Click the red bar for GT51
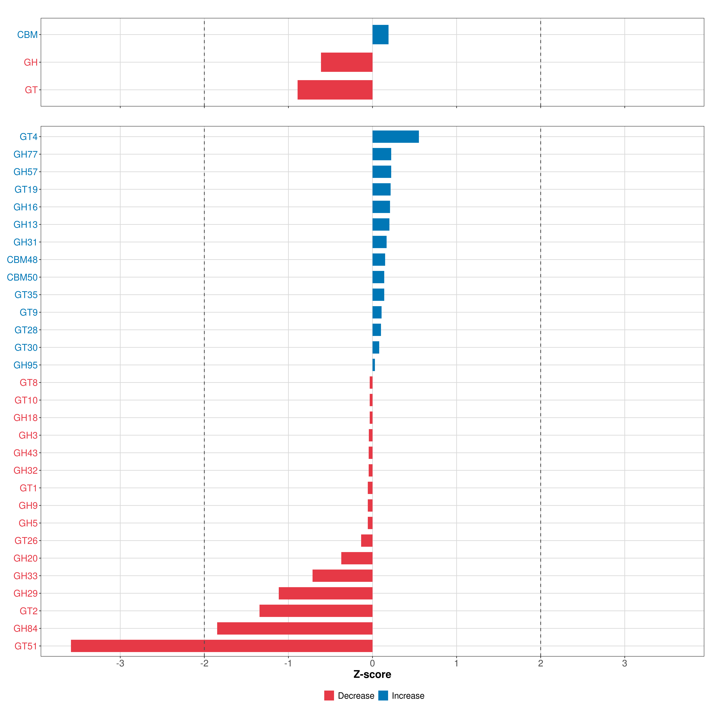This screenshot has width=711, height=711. click(222, 646)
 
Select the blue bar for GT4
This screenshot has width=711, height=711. click(396, 137)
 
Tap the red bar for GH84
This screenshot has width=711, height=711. click(295, 628)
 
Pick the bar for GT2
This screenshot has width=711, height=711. click(316, 611)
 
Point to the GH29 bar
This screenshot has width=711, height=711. click(326, 593)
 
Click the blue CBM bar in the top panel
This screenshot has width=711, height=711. click(381, 35)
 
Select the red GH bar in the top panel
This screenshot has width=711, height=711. click(347, 62)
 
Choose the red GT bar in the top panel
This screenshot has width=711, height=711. click(335, 90)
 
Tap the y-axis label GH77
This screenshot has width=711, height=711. click(25, 154)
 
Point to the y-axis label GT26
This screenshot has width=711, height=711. click(26, 541)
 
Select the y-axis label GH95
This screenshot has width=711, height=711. click(25, 365)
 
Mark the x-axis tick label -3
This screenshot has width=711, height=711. click(120, 664)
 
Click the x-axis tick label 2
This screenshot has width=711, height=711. click(541, 664)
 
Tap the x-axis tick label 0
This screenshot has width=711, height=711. click(372, 664)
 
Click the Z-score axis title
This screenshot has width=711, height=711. click(372, 675)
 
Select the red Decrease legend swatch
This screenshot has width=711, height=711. click(329, 696)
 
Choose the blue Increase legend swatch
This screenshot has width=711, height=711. click(383, 696)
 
